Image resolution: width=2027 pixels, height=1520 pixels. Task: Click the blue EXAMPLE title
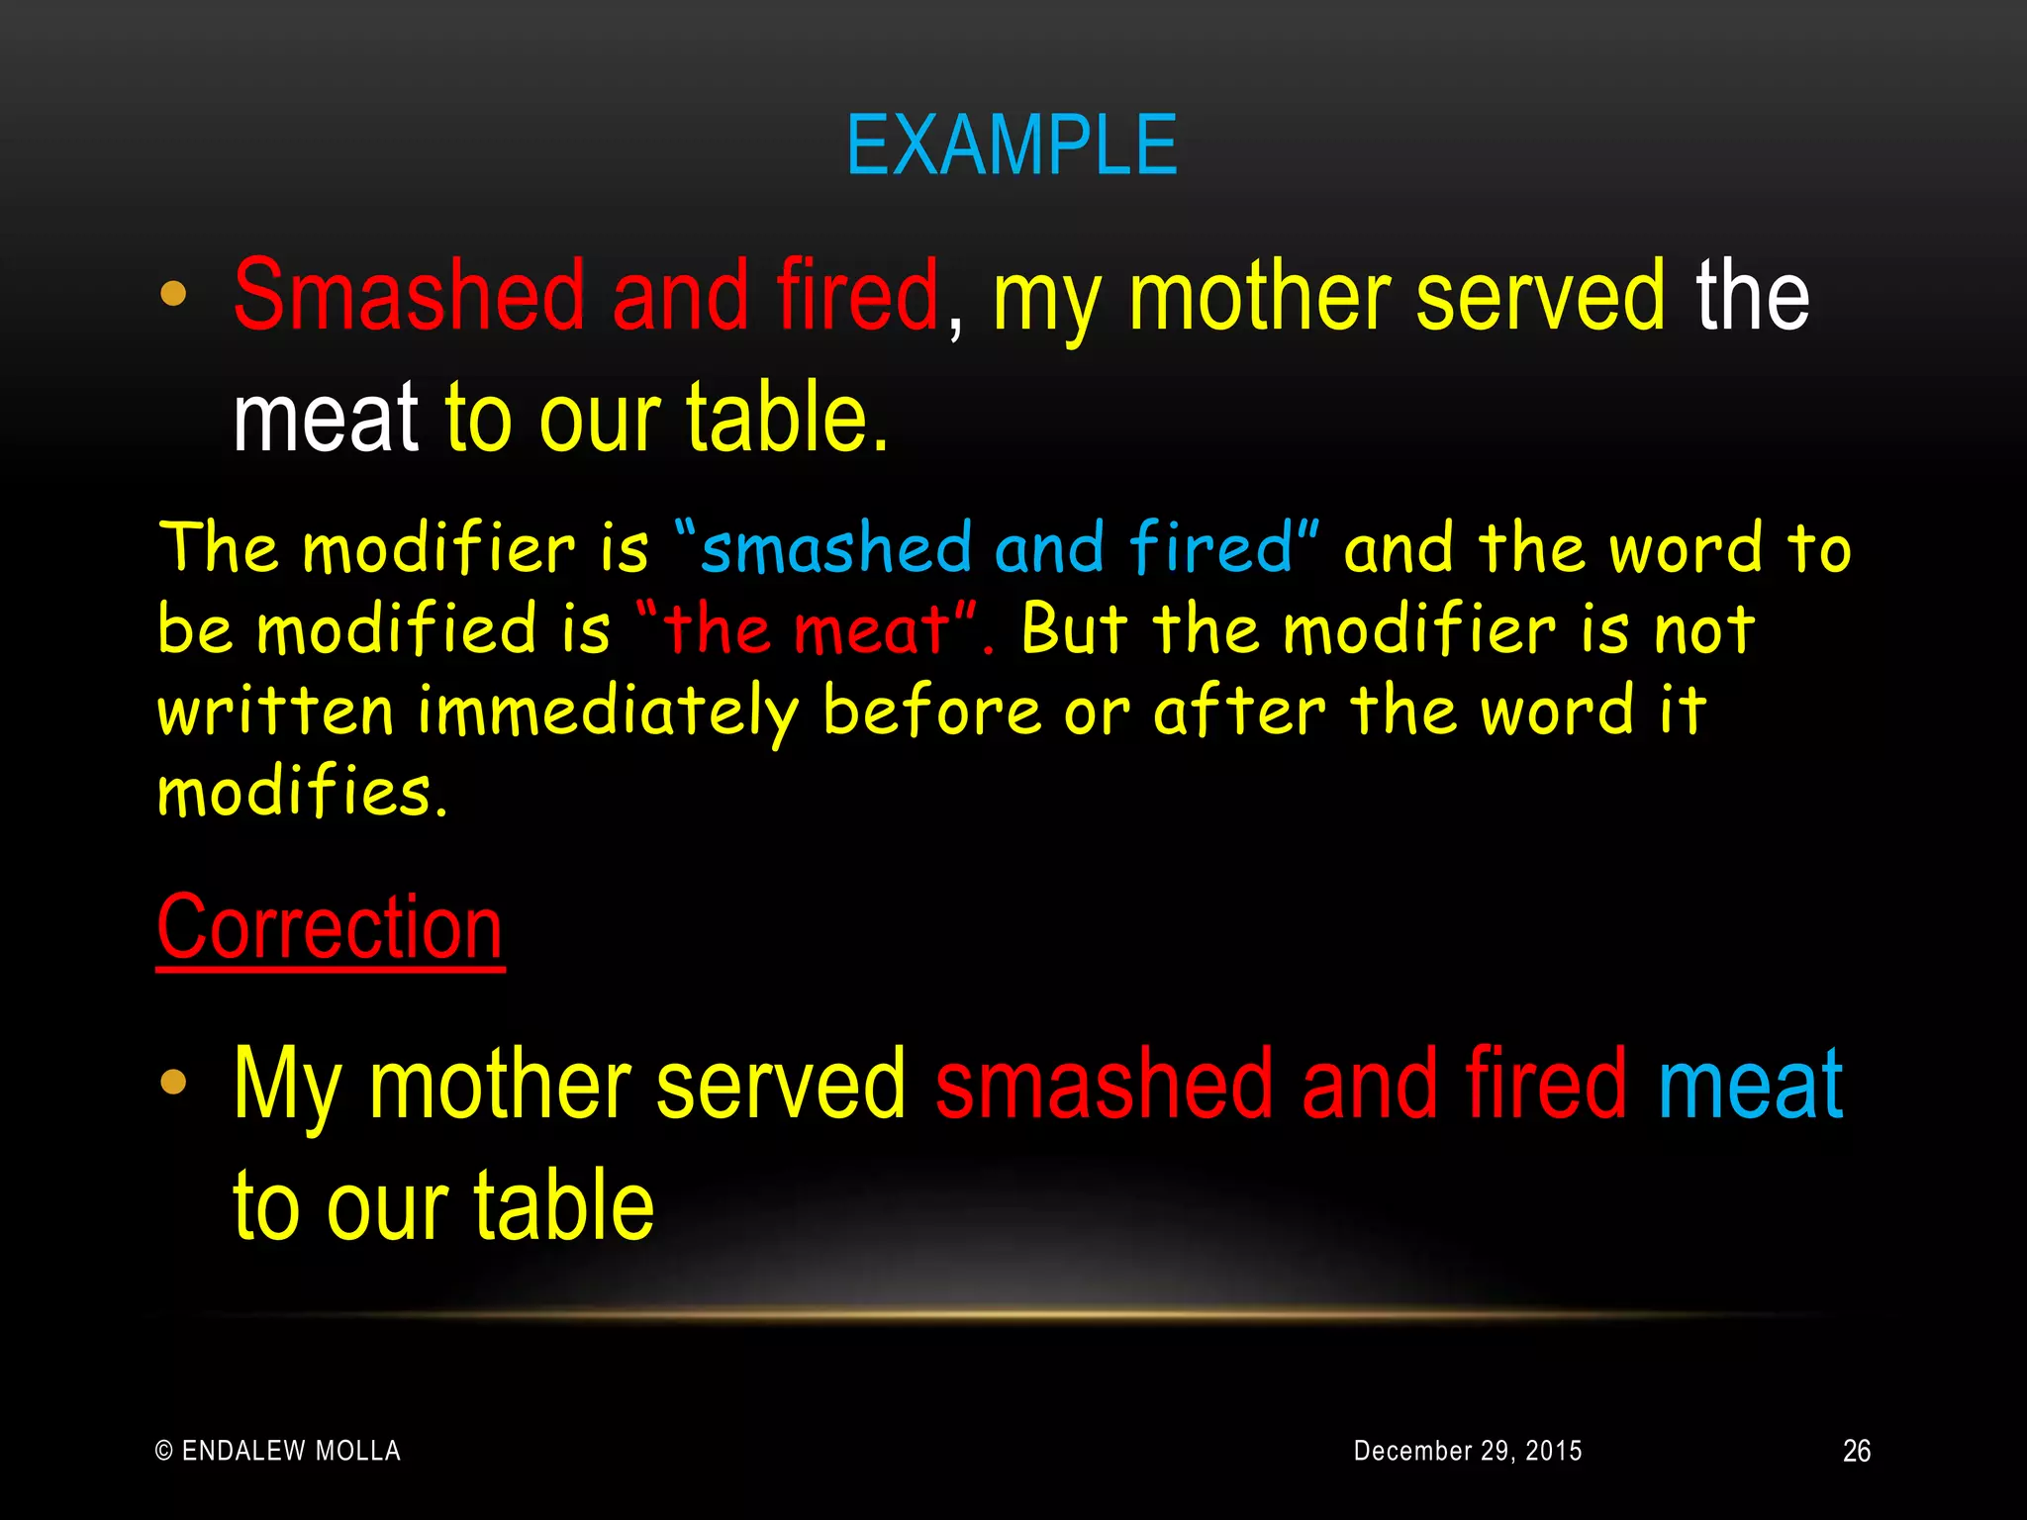1012,146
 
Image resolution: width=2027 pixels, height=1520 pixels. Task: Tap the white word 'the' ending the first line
1752,295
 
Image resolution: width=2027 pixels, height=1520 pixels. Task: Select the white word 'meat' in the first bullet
327,419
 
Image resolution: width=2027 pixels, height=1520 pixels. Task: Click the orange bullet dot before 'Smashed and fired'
173,294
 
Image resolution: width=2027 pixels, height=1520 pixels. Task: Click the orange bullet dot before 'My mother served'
173,1082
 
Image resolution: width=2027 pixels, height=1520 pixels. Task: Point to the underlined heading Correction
330,927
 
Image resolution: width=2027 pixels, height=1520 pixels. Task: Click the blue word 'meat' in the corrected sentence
1750,1086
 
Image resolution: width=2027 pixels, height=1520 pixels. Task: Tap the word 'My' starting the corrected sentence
287,1086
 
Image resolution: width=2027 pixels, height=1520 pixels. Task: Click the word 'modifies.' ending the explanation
302,792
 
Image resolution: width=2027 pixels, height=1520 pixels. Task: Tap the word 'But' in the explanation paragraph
1074,629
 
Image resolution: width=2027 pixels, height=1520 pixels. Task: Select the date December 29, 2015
1467,1451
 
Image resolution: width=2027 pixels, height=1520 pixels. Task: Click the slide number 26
1856,1451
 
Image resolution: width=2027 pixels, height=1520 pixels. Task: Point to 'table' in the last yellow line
563,1206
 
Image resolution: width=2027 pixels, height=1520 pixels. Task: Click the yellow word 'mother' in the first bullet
1259,295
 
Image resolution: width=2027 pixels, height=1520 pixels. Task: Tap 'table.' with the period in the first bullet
788,419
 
